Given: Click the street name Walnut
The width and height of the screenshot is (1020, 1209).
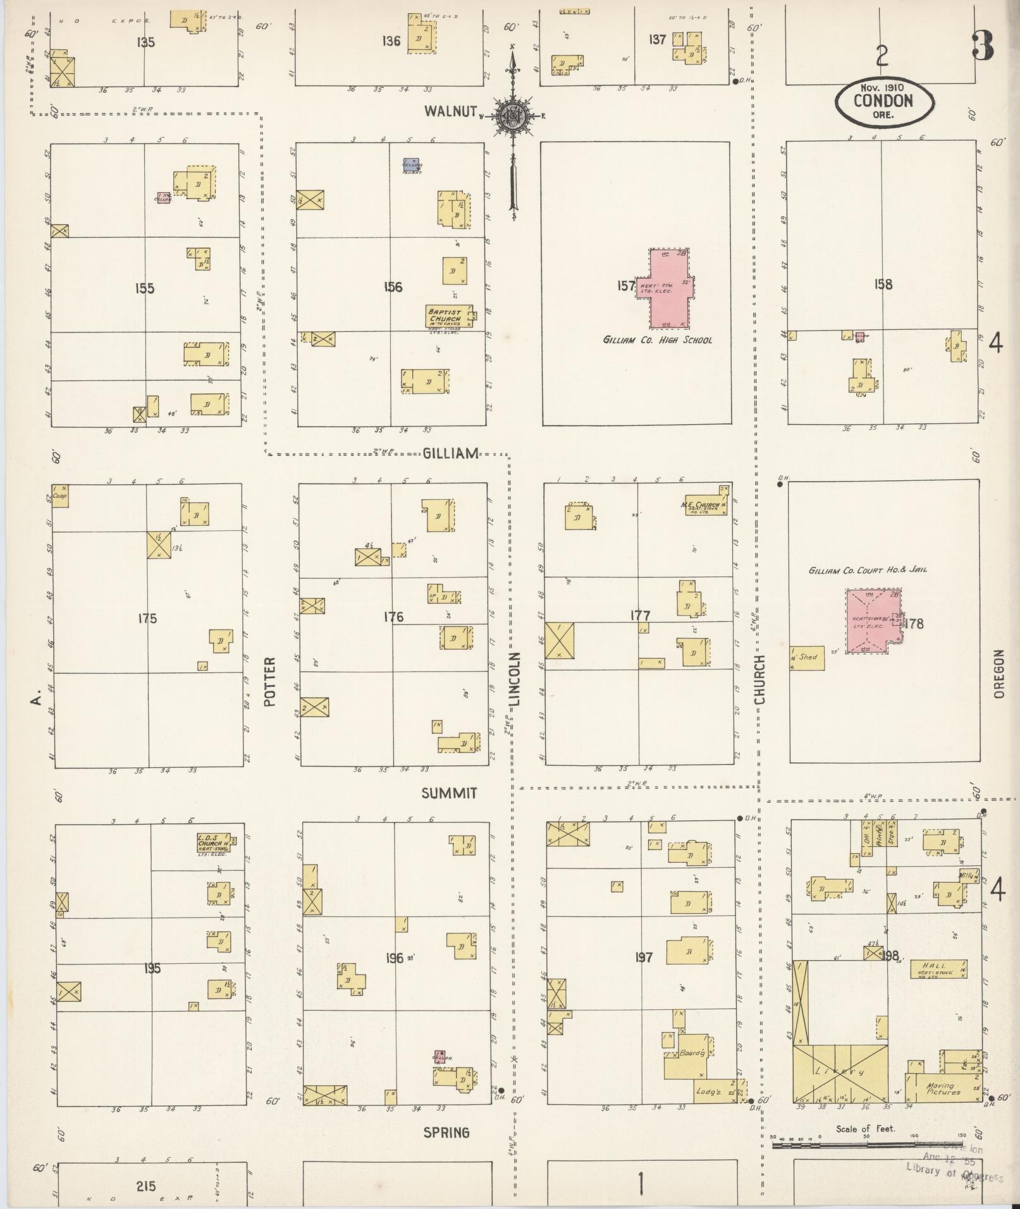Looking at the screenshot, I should (x=450, y=111).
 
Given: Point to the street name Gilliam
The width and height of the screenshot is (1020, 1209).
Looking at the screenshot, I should (x=450, y=453).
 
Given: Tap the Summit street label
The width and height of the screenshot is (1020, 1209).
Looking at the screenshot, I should (x=449, y=793).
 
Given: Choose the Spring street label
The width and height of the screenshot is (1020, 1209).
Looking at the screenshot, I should (x=446, y=1132).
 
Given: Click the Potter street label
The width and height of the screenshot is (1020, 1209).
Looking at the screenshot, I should (x=271, y=681).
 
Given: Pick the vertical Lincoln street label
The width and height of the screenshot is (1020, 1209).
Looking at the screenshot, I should (x=515, y=679).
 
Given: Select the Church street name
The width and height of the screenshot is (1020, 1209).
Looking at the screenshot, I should (x=759, y=679).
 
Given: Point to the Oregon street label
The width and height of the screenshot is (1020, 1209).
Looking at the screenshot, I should (x=998, y=674).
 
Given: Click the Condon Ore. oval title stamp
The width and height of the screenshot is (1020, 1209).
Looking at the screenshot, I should (x=883, y=102).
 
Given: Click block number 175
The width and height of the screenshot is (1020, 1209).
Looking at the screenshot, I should (x=147, y=618).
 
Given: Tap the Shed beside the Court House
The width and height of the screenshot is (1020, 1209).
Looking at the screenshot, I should (x=808, y=658).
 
